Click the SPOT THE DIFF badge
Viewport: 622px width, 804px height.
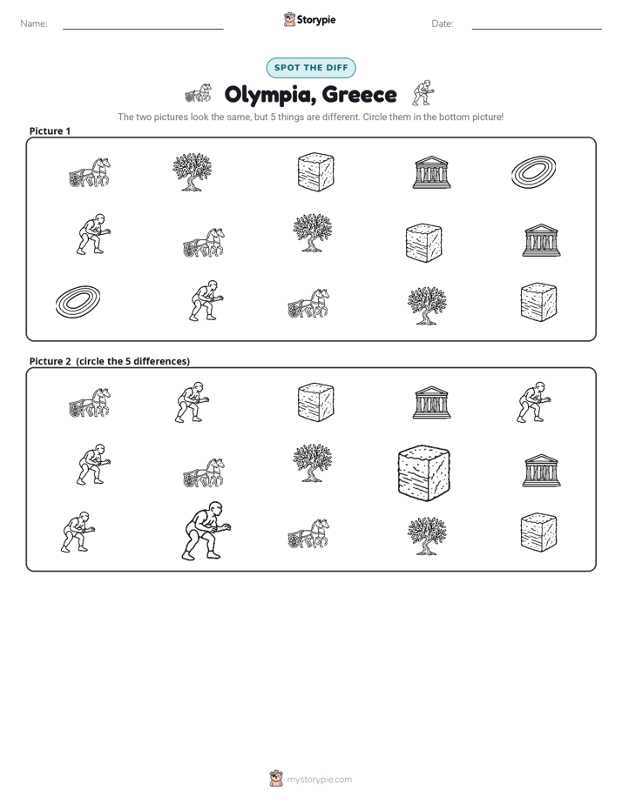pos(311,68)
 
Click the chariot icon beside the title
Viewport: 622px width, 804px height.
pos(198,93)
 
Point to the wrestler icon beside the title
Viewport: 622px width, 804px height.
pos(423,93)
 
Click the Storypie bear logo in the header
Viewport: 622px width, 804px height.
pos(289,19)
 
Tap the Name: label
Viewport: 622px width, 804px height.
pos(34,23)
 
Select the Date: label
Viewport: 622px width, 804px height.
pos(443,23)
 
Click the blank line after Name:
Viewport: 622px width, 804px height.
pos(143,29)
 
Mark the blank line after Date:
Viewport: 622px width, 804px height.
pos(537,29)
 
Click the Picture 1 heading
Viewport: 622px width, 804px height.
pos(50,131)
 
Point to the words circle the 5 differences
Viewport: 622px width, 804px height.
pos(132,361)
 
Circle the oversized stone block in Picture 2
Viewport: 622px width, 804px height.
pos(424,472)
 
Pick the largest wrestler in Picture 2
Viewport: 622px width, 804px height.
pos(206,531)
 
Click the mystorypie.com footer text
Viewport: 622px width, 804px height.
pos(319,780)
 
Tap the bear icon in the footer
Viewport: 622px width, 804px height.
pos(276,779)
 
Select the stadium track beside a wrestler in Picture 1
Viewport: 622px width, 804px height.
pos(78,301)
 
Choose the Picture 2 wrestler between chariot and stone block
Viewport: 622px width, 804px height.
pos(192,402)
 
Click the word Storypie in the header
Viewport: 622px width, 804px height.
pos(316,20)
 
